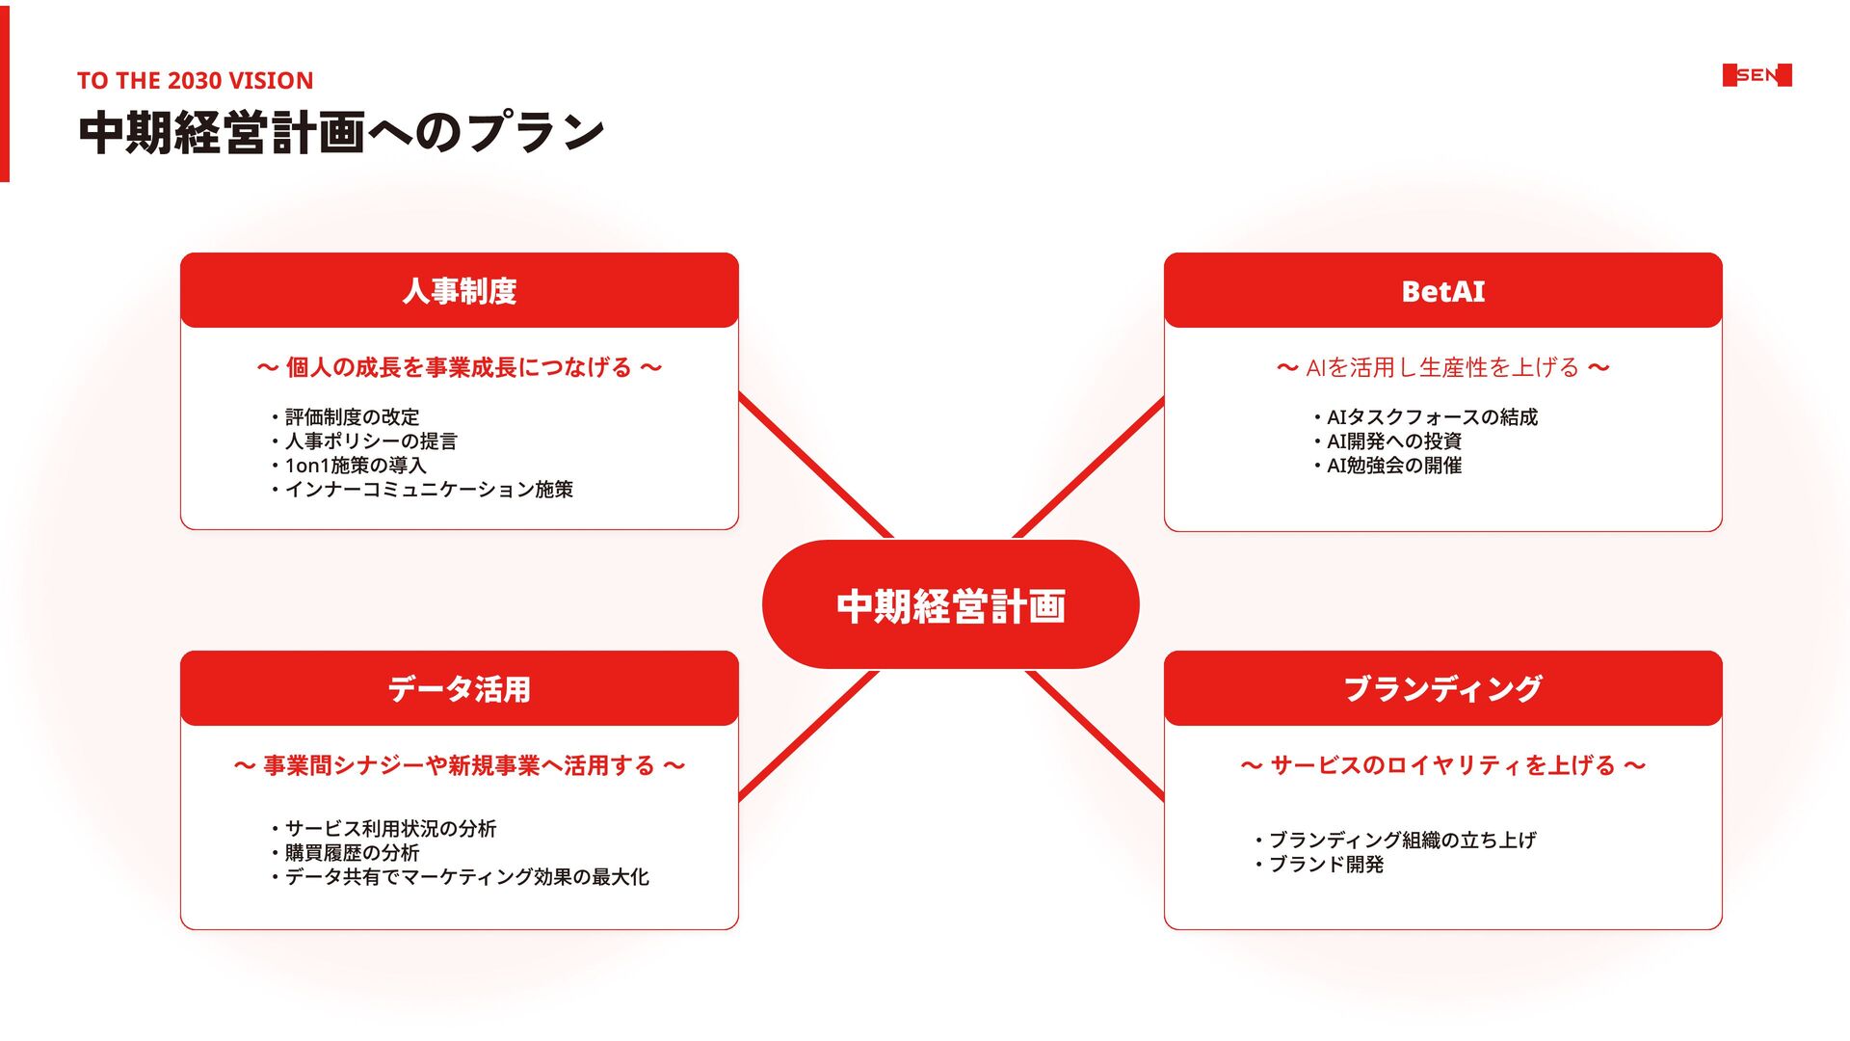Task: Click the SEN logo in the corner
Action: pos(1757,75)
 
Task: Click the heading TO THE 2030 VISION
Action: pos(195,81)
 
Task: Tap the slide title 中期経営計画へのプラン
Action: pos(341,133)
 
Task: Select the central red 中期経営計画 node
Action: pos(950,605)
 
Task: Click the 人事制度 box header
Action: pos(459,290)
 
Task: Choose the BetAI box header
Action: pos(1442,290)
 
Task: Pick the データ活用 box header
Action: pos(459,688)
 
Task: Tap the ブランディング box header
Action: pos(1442,688)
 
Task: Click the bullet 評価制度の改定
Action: pos(352,417)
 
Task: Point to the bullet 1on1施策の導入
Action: pos(355,466)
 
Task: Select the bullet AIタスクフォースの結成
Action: pos(1432,417)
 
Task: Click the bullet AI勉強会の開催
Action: pos(1393,466)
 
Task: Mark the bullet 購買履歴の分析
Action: pos(352,853)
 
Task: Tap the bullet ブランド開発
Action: pos(1326,865)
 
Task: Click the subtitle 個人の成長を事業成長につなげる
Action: pos(459,368)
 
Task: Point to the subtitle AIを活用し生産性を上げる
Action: pos(1442,368)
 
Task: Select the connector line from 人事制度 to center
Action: pos(814,464)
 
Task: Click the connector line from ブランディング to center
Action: pos(1096,735)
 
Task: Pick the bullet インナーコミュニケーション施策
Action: pos(429,490)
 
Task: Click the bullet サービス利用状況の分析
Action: pos(390,829)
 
